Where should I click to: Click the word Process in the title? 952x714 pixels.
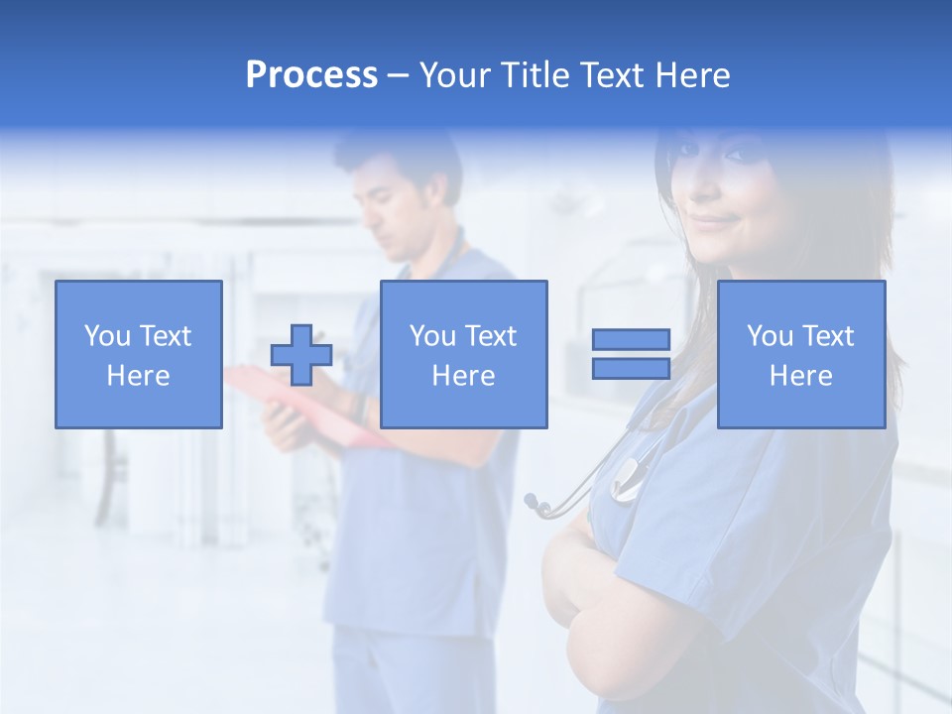click(x=311, y=75)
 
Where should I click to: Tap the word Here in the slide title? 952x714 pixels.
click(x=691, y=75)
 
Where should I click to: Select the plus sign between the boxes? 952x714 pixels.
click(x=301, y=355)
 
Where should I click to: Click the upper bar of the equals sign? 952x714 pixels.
click(x=631, y=340)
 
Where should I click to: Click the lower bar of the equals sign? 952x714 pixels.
click(x=631, y=369)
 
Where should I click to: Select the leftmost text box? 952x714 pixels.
click(x=139, y=355)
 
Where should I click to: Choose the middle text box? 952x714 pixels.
click(x=464, y=355)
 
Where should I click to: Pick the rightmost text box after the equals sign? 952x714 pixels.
click(x=801, y=355)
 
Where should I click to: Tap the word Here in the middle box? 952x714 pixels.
click(x=464, y=376)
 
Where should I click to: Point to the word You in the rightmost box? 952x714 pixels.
click(x=770, y=336)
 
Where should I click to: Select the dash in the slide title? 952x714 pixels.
click(x=399, y=75)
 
